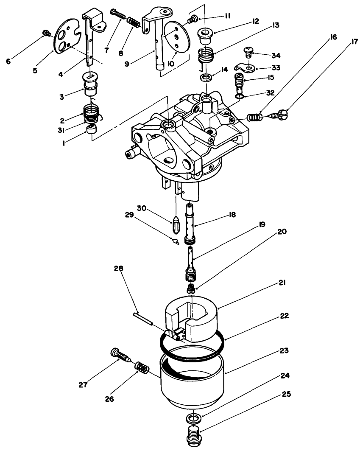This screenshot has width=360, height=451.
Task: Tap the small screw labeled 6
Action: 47,33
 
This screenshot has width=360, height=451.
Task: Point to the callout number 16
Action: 332,37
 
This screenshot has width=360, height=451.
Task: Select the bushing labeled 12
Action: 207,35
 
